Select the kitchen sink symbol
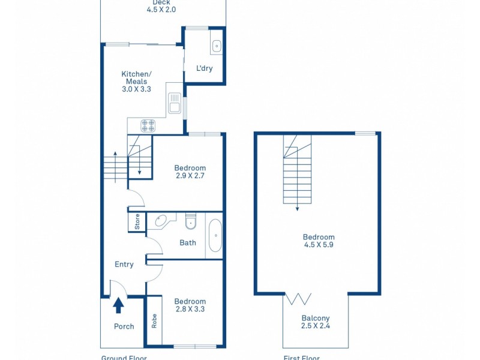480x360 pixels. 175,103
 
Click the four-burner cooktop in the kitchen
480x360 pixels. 148,125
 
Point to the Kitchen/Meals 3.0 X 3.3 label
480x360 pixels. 136,81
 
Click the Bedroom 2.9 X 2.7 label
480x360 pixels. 190,172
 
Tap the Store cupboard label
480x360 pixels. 137,222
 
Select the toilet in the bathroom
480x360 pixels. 191,223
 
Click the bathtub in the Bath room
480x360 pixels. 215,236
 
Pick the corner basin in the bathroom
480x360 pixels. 160,222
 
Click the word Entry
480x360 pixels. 124,264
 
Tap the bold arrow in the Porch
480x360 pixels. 119,305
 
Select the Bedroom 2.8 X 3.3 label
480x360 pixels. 190,305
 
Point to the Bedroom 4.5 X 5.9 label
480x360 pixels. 319,241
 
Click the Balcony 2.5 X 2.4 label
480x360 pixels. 316,322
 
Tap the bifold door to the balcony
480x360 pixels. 299,298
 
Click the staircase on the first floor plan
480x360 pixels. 298,171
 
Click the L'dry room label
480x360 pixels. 205,68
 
